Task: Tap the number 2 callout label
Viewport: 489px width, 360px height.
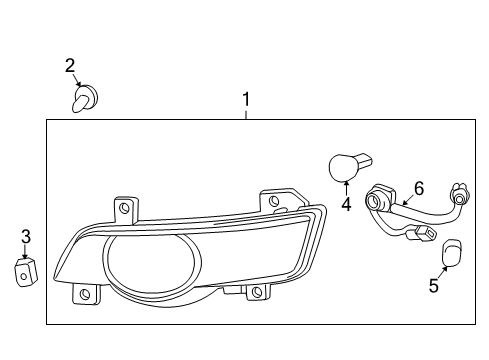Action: [70, 66]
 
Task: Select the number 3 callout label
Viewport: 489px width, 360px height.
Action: [26, 237]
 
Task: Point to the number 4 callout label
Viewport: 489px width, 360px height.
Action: [345, 205]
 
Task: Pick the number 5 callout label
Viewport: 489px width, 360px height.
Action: [433, 286]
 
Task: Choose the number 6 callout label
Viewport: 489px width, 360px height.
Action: [419, 187]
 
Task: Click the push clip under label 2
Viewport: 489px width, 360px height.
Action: [85, 98]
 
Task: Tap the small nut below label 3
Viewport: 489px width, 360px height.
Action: [23, 271]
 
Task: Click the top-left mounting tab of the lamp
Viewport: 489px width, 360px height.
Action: [125, 208]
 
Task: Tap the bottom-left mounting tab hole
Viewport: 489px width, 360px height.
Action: [85, 295]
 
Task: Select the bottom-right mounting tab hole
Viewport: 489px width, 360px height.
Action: [256, 292]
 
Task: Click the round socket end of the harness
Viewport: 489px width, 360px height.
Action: [377, 200]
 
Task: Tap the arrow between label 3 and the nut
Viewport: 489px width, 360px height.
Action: [25, 254]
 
